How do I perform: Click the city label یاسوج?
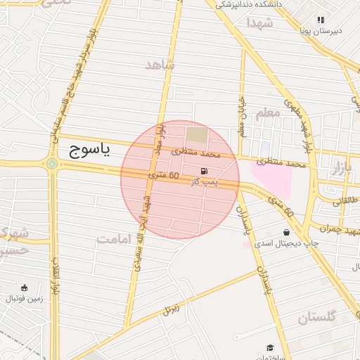click(91, 150)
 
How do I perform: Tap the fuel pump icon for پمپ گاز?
click(205, 171)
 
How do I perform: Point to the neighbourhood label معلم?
click(268, 112)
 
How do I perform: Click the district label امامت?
click(115, 239)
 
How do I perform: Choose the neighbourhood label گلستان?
click(317, 317)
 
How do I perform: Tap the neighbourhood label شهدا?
click(259, 23)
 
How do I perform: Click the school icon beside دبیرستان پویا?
click(321, 20)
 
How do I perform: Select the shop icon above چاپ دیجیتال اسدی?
click(287, 232)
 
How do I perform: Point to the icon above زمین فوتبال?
click(25, 287)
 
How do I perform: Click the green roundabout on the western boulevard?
click(51, 165)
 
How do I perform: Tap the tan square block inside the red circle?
click(198, 134)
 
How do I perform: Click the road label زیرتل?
click(171, 307)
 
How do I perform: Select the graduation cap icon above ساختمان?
click(271, 347)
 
